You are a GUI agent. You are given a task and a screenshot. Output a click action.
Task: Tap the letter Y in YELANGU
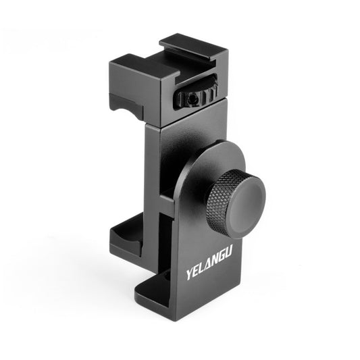(190, 276)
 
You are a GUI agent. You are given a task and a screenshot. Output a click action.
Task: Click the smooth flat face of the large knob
(245, 202)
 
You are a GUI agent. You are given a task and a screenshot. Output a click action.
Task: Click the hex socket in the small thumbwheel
(193, 99)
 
